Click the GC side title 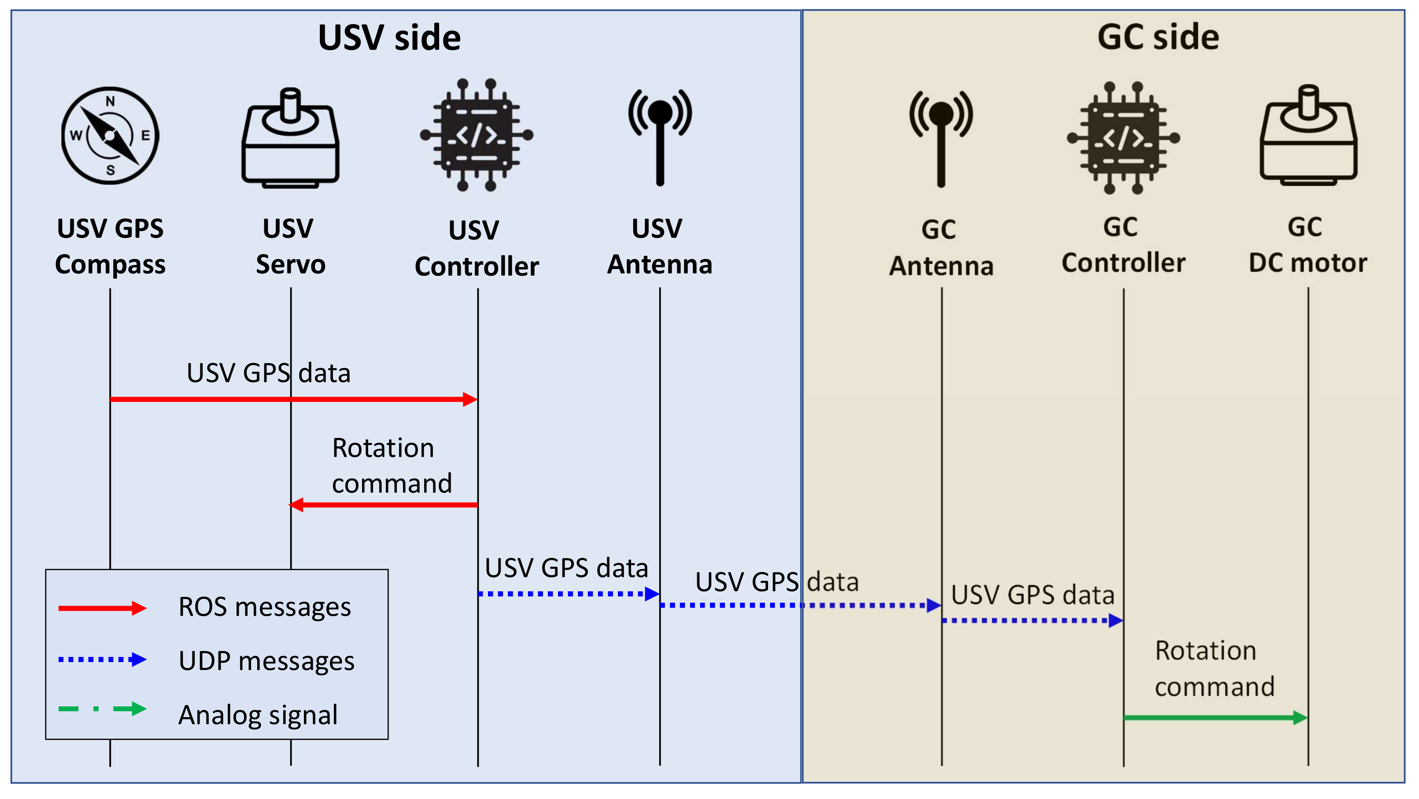coord(1158,37)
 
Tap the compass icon coord(110,136)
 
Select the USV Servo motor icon coord(290,138)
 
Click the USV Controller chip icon coord(477,135)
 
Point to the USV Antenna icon coord(660,135)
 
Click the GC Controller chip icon coord(1123,138)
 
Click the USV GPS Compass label coord(110,246)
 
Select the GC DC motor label coord(1307,245)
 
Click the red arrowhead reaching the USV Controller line coord(470,399)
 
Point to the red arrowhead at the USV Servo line coord(297,504)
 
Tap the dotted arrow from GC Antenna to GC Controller coord(1032,621)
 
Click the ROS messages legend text coord(264,607)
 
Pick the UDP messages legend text coord(266,660)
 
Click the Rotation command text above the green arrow coord(1214,669)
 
